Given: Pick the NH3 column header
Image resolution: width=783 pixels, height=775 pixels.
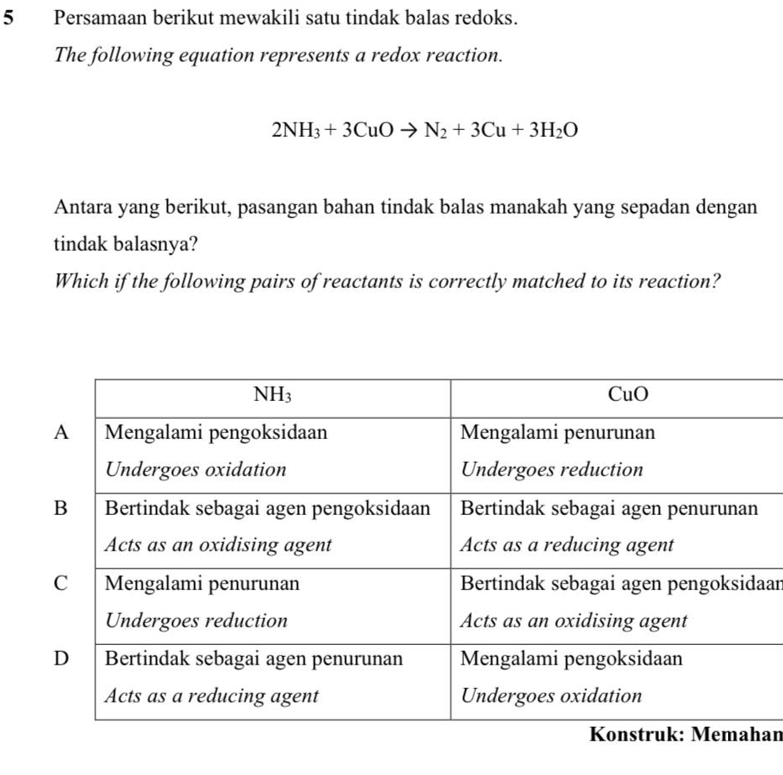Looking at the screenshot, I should [273, 394].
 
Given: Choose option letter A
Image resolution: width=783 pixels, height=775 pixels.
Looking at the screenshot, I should [59, 432].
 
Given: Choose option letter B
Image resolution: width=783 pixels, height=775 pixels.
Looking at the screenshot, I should [59, 508].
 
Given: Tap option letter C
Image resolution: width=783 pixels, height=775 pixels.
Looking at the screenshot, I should [59, 583].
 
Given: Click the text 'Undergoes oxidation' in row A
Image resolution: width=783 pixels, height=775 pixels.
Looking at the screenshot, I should [195, 470].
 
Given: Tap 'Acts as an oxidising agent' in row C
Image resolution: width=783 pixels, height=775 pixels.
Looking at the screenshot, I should [574, 621].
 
